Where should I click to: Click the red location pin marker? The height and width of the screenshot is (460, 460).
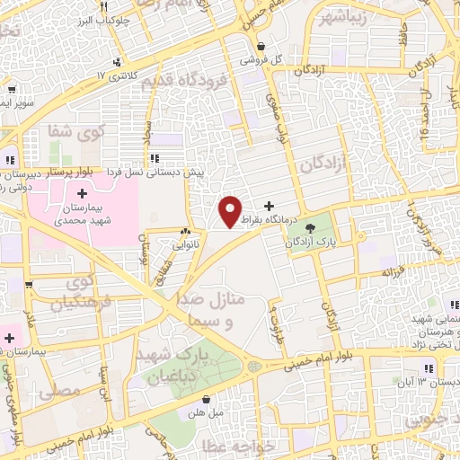(231, 211)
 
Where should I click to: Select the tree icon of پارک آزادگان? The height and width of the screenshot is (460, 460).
(311, 229)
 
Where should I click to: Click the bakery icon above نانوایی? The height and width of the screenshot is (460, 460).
(186, 231)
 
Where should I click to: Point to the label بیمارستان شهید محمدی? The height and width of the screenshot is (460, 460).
(81, 212)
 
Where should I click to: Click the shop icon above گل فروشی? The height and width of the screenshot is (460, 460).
(261, 47)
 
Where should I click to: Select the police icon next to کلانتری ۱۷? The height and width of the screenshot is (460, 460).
(117, 62)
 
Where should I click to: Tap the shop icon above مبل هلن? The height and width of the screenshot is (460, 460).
(208, 401)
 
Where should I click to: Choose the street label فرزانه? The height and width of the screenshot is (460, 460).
(394, 271)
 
